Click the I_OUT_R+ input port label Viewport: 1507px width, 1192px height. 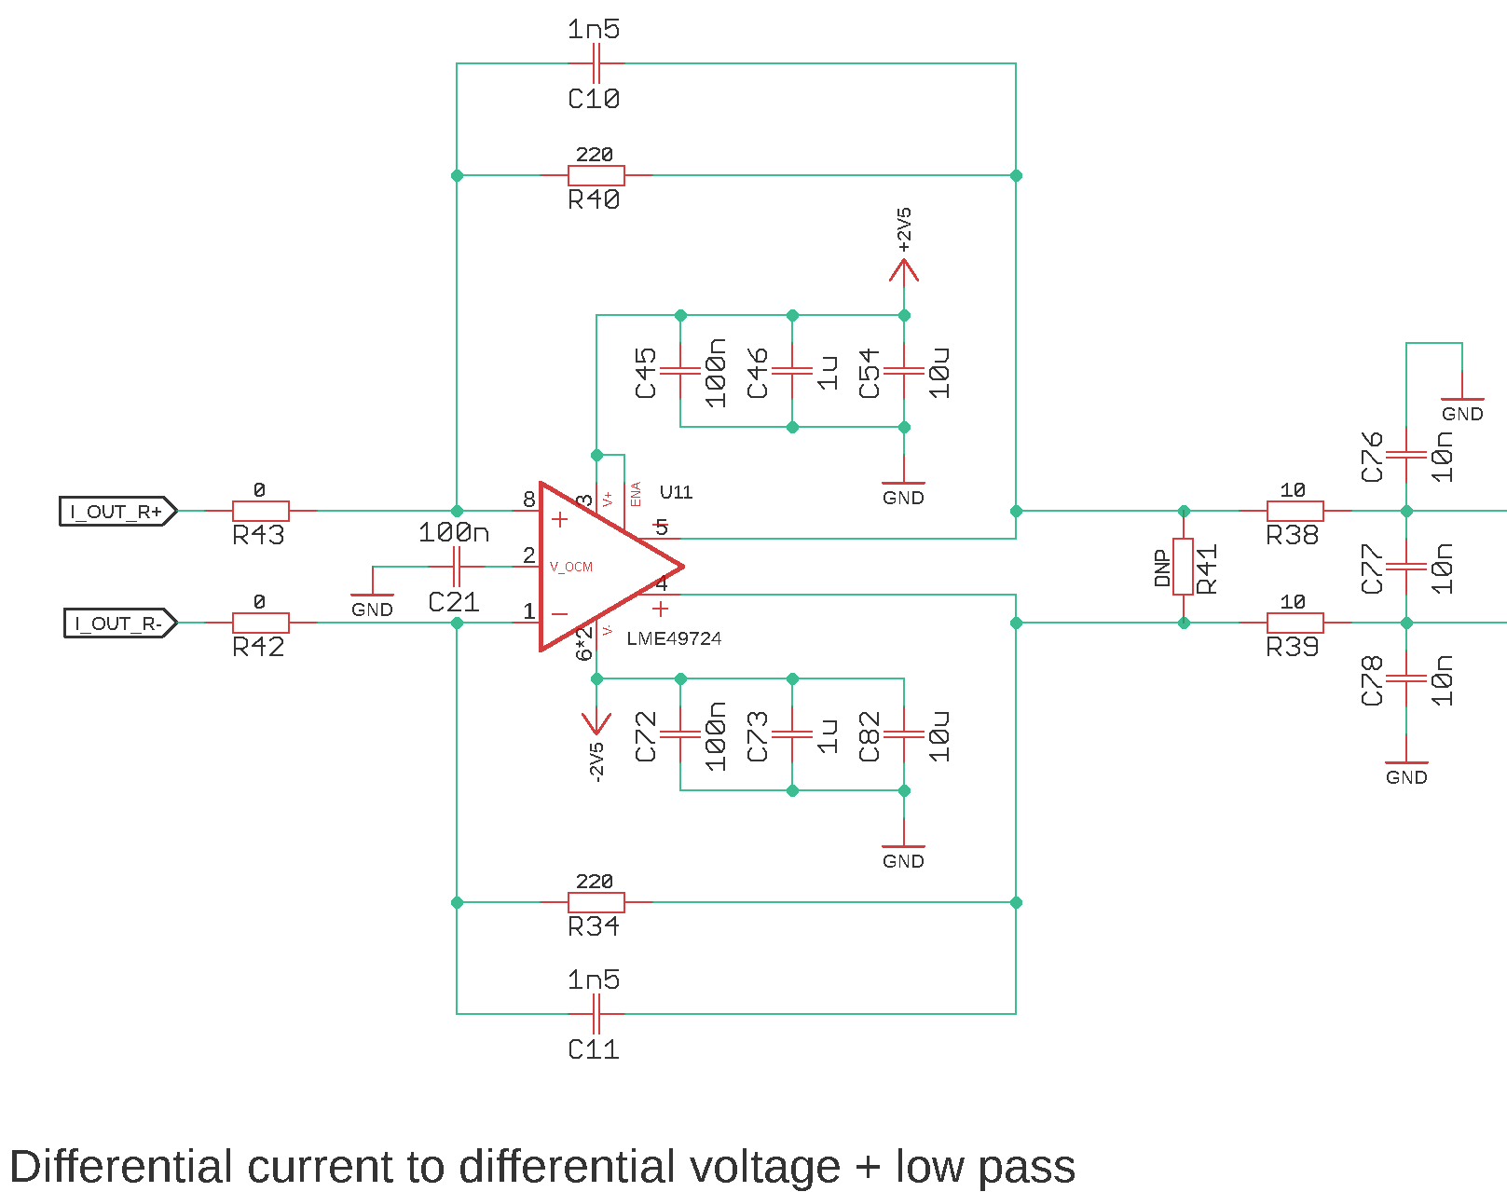(117, 511)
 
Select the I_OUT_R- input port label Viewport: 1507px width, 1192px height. (119, 623)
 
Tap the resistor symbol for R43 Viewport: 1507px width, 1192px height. (261, 511)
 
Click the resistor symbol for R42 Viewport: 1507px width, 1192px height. (261, 623)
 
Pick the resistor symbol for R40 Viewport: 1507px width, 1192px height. (596, 175)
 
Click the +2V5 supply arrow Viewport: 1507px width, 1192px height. (904, 270)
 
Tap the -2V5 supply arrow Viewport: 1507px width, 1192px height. (596, 723)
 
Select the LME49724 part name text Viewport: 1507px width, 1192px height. (674, 638)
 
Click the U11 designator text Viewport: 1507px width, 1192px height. (676, 492)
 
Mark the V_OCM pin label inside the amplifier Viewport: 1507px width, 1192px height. (570, 567)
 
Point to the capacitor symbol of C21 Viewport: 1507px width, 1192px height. (456, 567)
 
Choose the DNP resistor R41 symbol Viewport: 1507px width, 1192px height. (1184, 567)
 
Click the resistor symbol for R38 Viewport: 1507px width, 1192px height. (1295, 511)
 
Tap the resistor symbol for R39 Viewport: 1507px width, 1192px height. (1295, 623)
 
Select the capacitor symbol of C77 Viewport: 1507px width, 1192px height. (1406, 567)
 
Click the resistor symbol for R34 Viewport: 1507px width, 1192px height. (596, 902)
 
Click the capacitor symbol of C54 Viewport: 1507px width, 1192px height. (904, 371)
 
